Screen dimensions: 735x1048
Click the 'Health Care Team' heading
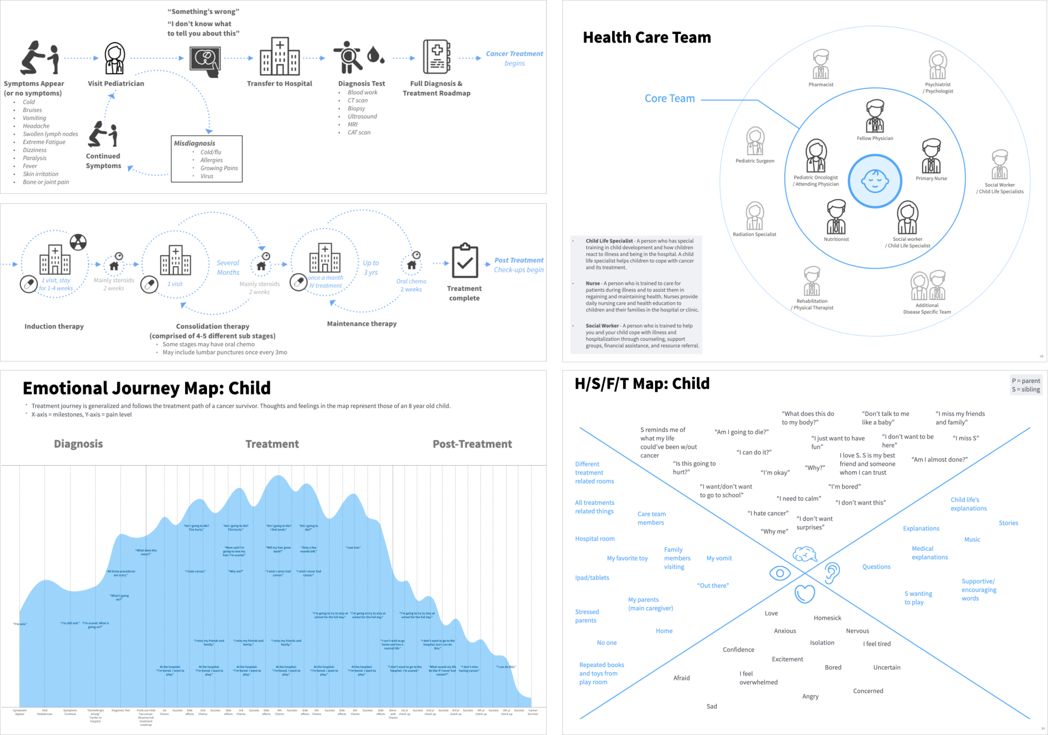[646, 37]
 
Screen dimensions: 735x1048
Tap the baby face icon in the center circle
[875, 181]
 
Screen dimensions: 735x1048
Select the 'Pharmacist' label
[821, 84]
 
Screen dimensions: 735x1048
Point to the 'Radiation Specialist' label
[754, 234]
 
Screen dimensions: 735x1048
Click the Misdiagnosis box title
[194, 143]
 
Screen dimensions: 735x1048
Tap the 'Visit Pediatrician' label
[116, 83]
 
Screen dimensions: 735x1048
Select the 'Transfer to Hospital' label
[279, 83]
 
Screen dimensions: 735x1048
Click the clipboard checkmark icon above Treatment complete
[465, 261]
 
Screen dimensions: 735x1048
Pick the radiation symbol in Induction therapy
[78, 242]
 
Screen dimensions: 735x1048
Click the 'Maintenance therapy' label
[361, 324]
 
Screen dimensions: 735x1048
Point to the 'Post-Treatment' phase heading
[472, 444]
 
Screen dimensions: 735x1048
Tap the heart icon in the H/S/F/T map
[805, 594]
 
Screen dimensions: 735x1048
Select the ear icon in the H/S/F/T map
[832, 573]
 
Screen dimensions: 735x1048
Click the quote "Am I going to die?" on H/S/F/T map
[741, 432]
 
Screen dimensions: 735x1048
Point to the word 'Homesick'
[827, 618]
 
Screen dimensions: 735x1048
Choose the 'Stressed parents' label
[587, 616]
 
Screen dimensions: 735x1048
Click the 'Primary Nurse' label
[931, 178]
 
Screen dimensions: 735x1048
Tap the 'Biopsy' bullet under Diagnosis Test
[356, 108]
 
